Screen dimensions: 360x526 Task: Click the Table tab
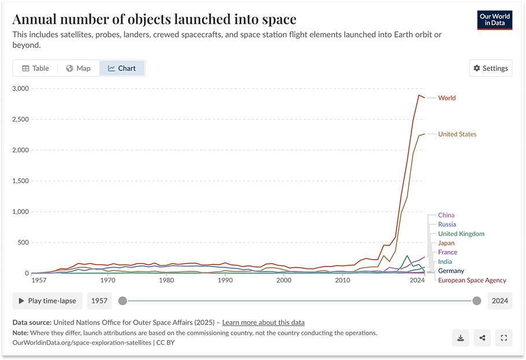35,68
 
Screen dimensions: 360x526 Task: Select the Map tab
78,68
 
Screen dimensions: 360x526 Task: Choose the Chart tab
122,68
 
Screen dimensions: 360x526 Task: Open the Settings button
490,68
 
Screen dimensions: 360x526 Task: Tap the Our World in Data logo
495,20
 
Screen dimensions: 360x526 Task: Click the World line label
447,98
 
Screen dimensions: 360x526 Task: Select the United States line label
457,134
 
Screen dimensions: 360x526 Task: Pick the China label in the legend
446,215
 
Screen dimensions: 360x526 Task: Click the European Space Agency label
472,281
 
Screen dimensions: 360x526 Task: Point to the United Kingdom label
461,234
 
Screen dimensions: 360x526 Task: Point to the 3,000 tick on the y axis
20,89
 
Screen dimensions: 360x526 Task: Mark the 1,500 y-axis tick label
20,181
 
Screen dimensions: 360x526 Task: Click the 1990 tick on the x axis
225,280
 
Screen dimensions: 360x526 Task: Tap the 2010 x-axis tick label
343,280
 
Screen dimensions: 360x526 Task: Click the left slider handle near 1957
122,301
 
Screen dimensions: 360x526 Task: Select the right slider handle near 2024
476,301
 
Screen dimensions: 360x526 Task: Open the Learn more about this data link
263,322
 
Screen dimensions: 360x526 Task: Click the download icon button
461,338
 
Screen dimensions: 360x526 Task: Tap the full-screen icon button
503,338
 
